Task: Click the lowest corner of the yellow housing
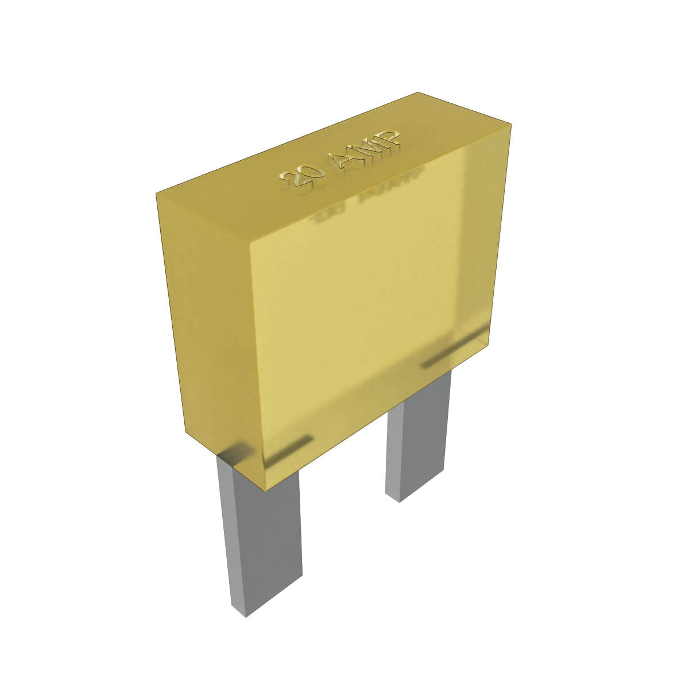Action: pyautogui.click(x=265, y=490)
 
